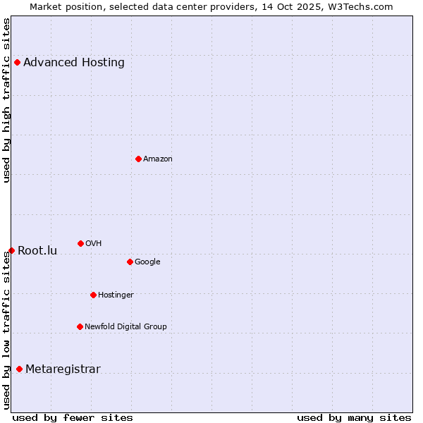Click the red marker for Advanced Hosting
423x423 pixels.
17,62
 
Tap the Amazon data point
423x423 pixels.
138,159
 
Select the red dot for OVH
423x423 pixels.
80,243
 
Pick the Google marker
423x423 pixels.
130,262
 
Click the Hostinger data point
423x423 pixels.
93,295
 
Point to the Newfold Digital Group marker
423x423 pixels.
80,326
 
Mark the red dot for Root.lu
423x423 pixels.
11,250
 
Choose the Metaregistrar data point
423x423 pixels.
19,369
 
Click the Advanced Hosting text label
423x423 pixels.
74,62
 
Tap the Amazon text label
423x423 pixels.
158,159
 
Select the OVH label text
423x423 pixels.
94,243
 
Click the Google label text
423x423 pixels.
147,262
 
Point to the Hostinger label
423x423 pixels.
116,295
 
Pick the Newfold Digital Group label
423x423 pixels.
125,326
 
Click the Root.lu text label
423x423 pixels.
37,250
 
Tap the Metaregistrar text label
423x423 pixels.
63,369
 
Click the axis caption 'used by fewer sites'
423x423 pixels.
73,417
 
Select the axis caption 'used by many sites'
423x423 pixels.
354,417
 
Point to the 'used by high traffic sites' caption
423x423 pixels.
6,100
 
